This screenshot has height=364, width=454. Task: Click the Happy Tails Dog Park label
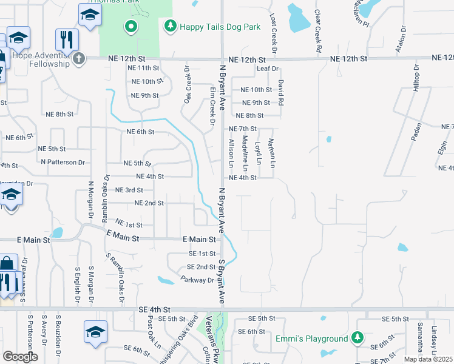pos(219,27)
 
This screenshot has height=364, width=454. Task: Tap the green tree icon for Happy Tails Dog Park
pos(171,26)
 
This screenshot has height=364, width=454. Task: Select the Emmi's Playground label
pos(311,338)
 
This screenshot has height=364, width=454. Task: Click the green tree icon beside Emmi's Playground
pos(358,338)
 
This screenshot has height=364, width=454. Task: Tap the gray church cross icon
pos(78,59)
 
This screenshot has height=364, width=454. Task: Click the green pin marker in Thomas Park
pos(130,27)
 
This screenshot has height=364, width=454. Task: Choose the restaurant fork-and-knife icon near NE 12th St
pos(67,40)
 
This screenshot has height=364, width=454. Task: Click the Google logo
pos(20,357)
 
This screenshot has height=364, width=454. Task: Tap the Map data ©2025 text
pos(428,359)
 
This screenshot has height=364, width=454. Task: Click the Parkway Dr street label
pos(198,280)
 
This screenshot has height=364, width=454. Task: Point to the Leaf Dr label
pos(266,69)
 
